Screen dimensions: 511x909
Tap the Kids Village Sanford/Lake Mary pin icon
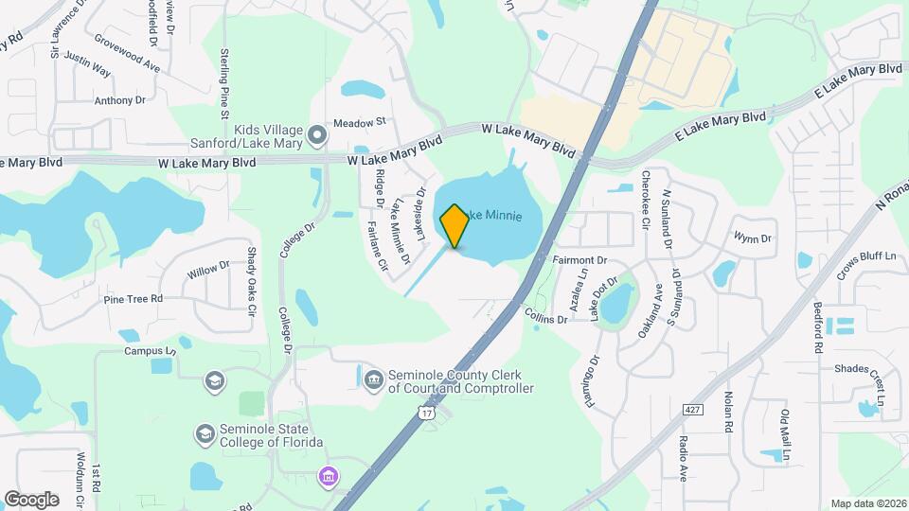tap(318, 138)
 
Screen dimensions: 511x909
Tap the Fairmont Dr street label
tap(579, 259)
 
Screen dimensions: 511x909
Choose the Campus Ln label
tap(151, 351)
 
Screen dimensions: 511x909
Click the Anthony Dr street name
tap(119, 99)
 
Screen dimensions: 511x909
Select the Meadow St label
tap(360, 121)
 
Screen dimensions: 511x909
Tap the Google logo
tap(31, 499)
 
